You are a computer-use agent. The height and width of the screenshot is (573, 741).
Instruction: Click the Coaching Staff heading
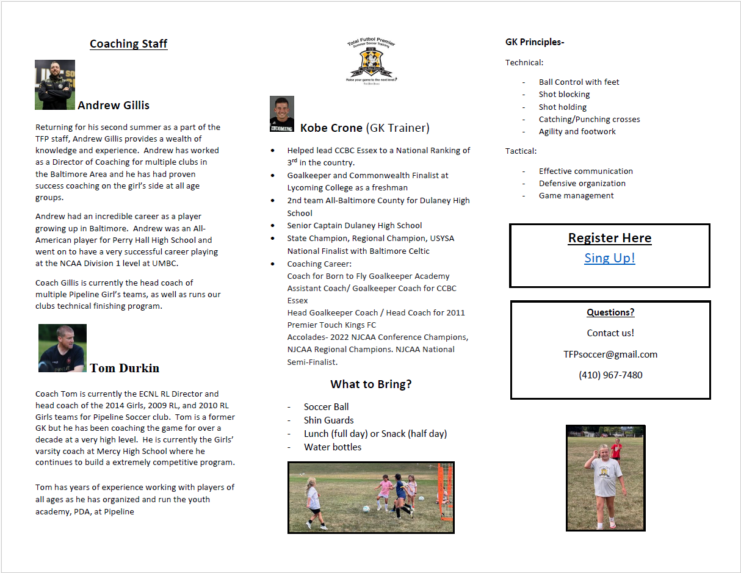(x=128, y=44)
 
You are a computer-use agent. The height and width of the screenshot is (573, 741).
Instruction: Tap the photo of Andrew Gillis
(x=55, y=85)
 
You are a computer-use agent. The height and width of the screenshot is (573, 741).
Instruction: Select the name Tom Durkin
(x=125, y=368)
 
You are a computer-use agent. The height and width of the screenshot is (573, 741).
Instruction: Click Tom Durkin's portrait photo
(x=62, y=348)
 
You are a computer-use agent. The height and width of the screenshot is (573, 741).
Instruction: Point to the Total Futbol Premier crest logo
(x=371, y=61)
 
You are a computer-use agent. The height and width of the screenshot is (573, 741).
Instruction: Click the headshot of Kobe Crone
(x=282, y=114)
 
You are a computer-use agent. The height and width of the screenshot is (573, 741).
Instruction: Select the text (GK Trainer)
(x=397, y=128)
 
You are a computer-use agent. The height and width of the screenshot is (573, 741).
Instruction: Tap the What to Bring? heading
(x=371, y=384)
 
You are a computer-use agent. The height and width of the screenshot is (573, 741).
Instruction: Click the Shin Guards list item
(x=328, y=420)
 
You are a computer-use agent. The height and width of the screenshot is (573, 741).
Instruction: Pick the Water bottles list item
(x=333, y=447)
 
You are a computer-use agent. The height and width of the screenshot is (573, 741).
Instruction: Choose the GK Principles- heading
(x=535, y=42)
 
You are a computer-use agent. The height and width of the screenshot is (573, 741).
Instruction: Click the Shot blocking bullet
(x=564, y=95)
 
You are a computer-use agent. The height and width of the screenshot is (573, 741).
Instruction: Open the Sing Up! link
(x=610, y=258)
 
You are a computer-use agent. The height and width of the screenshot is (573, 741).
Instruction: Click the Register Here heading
(x=610, y=238)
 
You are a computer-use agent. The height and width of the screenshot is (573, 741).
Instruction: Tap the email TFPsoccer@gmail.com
(x=610, y=355)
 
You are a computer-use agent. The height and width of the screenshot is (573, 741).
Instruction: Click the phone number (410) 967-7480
(x=610, y=375)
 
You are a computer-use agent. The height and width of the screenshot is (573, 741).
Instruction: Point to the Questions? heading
(x=610, y=312)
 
